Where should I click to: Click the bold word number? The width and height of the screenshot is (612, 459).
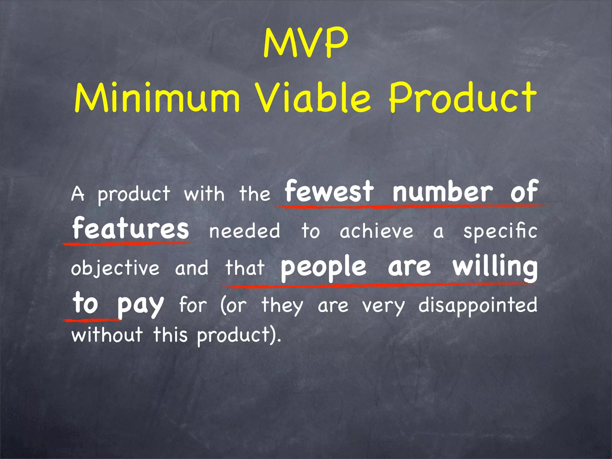[443, 192]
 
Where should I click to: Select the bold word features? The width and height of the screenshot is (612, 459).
[131, 229]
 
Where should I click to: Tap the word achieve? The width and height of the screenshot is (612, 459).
[377, 231]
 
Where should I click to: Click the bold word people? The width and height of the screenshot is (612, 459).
[323, 267]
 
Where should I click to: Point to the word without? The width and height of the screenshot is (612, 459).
[107, 334]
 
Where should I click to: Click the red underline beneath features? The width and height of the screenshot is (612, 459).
[127, 244]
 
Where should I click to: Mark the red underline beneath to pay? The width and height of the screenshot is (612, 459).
[93, 320]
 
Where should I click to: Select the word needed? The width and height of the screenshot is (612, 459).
[244, 231]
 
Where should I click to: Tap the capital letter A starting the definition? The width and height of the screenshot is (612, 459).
[78, 194]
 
